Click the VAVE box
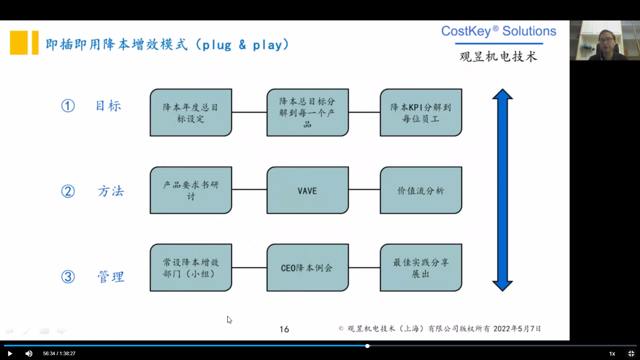[307, 190]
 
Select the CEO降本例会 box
[307, 268]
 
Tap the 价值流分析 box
[421, 190]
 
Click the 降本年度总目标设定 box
[191, 113]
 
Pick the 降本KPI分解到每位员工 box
[421, 113]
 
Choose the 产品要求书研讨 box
[191, 190]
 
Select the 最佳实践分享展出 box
[421, 268]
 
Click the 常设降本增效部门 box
[191, 268]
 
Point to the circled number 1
[68, 106]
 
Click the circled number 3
[68, 276]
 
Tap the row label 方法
[111, 191]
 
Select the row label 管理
[111, 276]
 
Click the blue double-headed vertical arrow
[502, 190]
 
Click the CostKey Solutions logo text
[498, 31]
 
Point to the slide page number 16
[284, 329]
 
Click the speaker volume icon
[29, 354]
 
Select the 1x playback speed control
[612, 354]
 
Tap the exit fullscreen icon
[631, 354]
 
